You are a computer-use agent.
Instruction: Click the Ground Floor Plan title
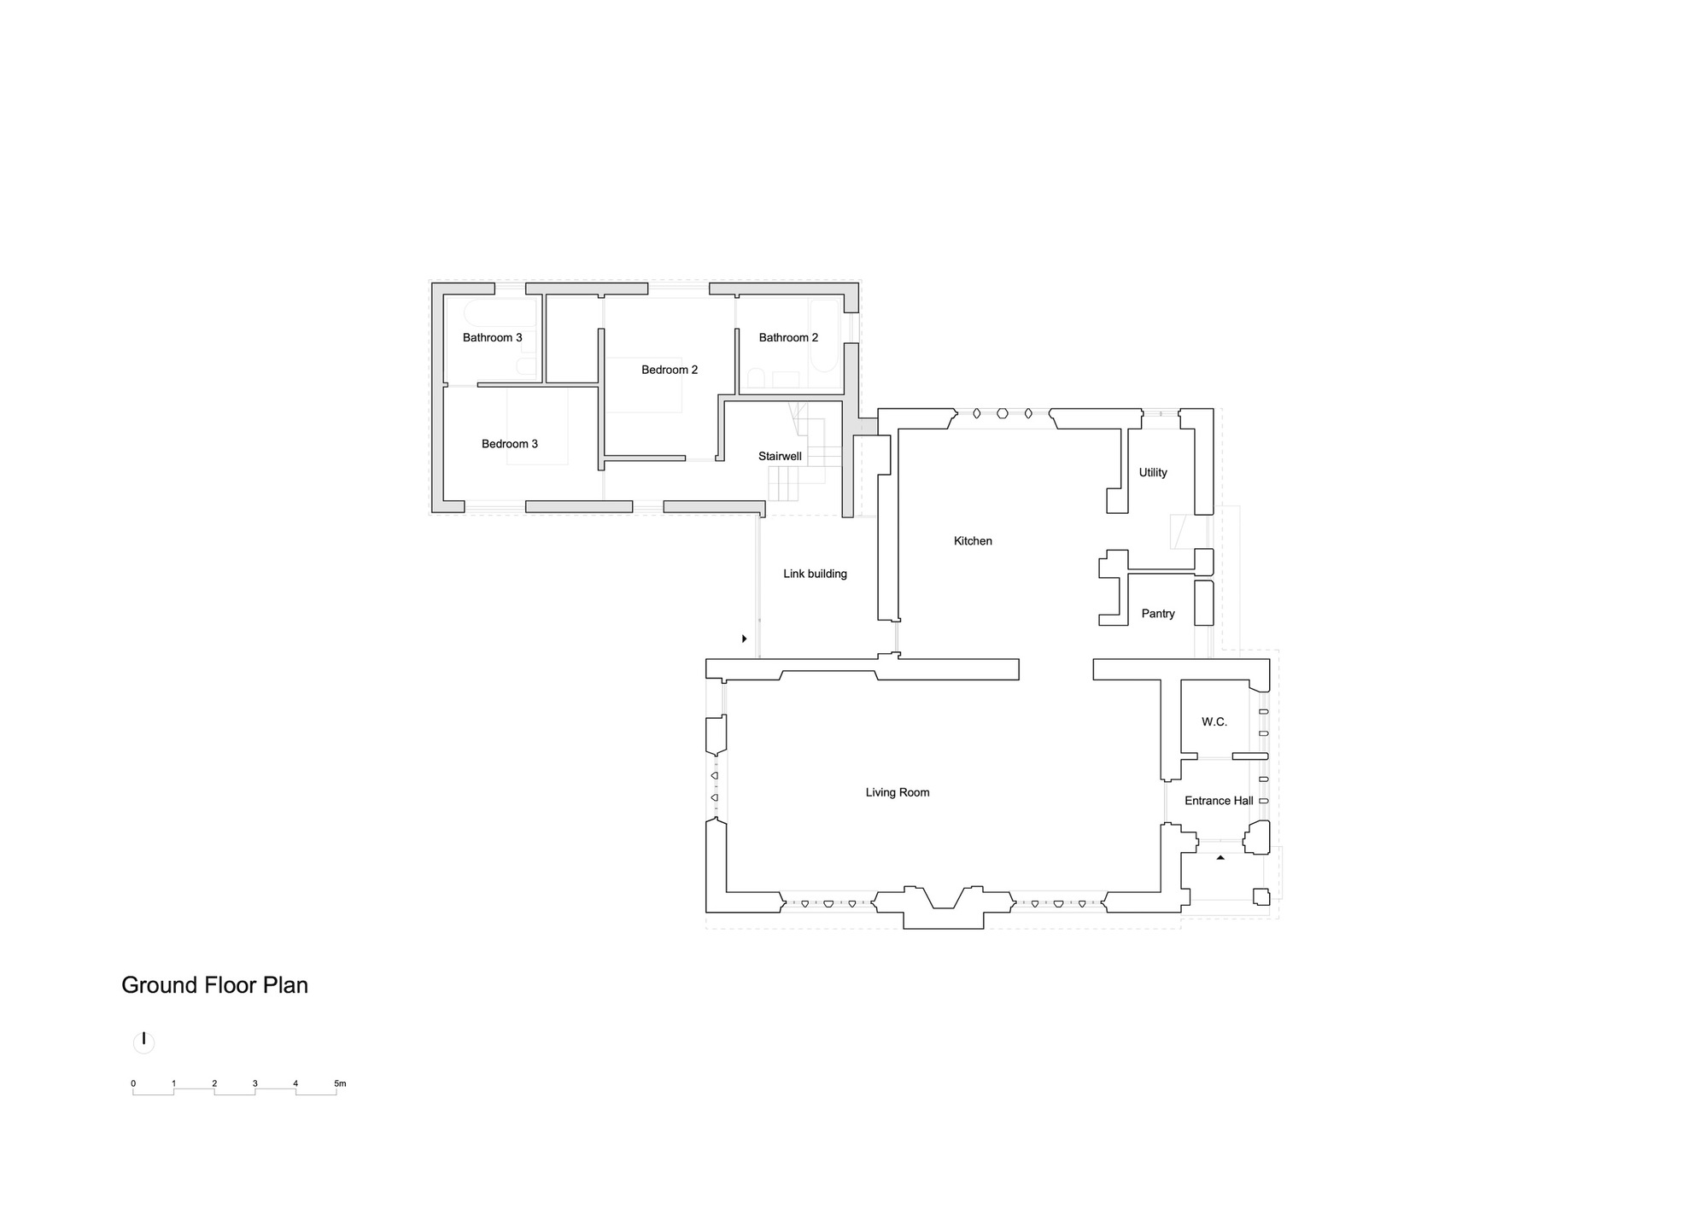click(214, 985)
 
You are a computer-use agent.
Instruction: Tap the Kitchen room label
click(973, 541)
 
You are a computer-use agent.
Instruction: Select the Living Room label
click(897, 792)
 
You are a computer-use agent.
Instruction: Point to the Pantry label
click(1158, 614)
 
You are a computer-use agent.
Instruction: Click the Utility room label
click(1152, 472)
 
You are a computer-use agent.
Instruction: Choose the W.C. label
click(1214, 721)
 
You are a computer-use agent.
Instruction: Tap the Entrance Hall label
click(1219, 801)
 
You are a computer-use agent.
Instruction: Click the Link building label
click(815, 574)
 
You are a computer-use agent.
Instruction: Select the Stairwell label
click(780, 457)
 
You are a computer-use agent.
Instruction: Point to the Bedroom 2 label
click(670, 370)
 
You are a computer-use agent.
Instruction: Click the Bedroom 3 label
click(510, 444)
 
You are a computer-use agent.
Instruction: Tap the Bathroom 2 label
click(788, 337)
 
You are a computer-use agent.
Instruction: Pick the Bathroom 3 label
click(492, 337)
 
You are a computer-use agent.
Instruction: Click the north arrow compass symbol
click(144, 1042)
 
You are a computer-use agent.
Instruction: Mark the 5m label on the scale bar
click(340, 1083)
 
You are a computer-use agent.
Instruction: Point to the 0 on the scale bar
click(133, 1083)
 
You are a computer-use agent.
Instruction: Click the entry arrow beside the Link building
click(745, 639)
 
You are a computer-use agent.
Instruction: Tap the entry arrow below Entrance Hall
click(1220, 857)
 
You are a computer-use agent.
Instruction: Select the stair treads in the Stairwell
click(784, 483)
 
